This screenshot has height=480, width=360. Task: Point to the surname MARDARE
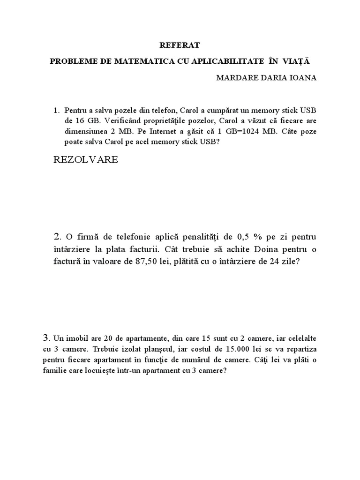[236, 78]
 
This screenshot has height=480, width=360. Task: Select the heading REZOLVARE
[86, 160]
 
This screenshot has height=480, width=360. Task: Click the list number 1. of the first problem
[57, 111]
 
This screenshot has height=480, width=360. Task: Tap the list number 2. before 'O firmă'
[58, 235]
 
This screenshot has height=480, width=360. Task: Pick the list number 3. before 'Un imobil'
[46, 337]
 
